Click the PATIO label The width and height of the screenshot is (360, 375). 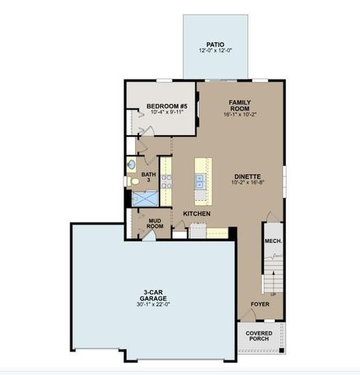click(x=214, y=45)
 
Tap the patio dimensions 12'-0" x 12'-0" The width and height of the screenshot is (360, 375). click(x=214, y=52)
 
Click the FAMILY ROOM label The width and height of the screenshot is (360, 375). click(x=239, y=105)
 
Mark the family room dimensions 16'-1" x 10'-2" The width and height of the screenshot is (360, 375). click(x=239, y=116)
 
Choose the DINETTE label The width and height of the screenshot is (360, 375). click(x=247, y=177)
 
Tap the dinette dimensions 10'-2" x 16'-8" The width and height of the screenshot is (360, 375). click(x=247, y=184)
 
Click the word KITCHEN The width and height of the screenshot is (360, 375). click(x=198, y=213)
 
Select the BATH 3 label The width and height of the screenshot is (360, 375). click(x=148, y=178)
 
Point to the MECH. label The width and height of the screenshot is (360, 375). click(x=273, y=241)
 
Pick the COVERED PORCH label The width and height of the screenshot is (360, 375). click(x=259, y=337)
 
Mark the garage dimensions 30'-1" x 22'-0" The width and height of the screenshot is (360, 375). click(x=151, y=302)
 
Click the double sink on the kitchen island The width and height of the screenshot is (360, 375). click(x=201, y=181)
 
